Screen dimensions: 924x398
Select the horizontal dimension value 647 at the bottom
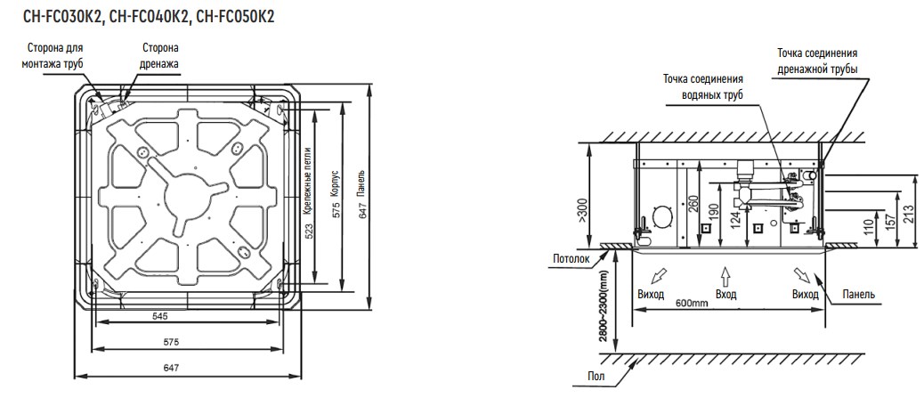tap(170, 368)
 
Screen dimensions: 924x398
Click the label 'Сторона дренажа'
tap(158, 55)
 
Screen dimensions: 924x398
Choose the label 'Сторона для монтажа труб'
tap(53, 55)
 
